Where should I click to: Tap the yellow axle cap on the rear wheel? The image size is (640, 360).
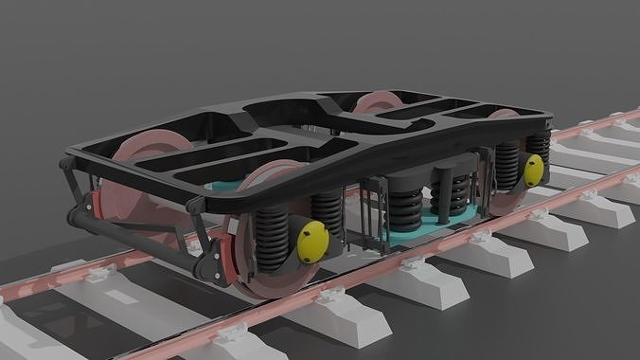click(534, 170)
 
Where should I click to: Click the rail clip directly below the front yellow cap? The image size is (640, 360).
click(327, 298)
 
